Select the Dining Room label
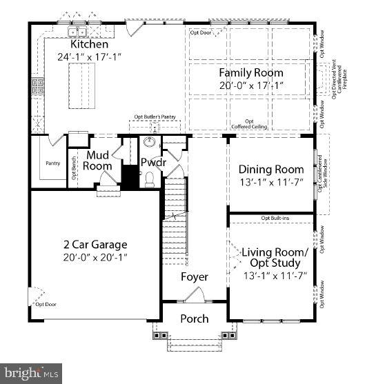270,170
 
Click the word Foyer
195,276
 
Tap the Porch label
195,319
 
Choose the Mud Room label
99,161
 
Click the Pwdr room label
151,163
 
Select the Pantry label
52,163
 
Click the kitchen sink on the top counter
76,32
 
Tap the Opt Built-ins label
274,219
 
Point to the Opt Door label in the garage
46,304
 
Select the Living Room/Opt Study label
270,258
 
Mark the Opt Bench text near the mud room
74,170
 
